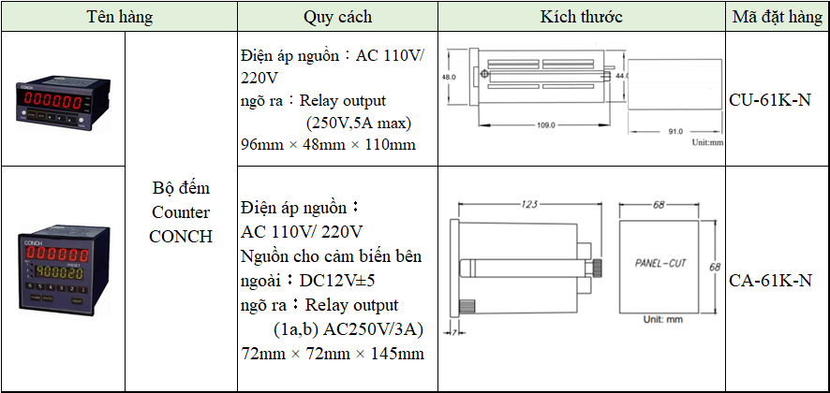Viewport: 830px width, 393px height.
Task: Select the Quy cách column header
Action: [x=337, y=17]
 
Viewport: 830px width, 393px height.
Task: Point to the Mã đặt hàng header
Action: [x=778, y=17]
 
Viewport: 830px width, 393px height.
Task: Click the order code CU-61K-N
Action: [x=769, y=99]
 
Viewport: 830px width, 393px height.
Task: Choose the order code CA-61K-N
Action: [x=769, y=279]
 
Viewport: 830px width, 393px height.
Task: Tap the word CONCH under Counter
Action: [x=181, y=235]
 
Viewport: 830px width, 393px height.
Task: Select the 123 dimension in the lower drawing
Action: [x=529, y=203]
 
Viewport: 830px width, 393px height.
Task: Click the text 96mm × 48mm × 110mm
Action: [x=328, y=145]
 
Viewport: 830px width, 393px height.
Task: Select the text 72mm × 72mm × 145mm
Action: [x=333, y=354]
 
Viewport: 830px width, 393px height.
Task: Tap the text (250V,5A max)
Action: [x=359, y=123]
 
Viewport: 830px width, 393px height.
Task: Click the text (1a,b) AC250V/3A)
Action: [x=348, y=329]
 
